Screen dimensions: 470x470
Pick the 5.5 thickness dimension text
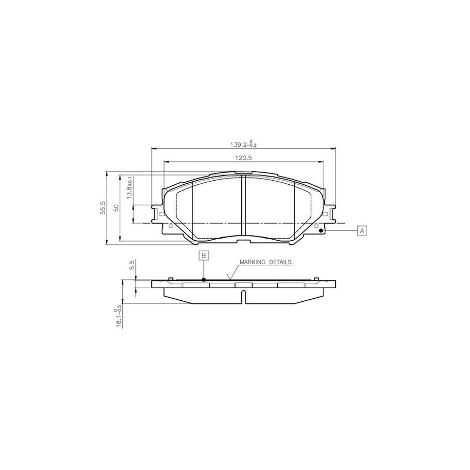point(133,264)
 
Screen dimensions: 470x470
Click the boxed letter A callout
point(362,230)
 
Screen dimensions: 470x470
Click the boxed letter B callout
point(204,255)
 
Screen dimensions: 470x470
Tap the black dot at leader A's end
point(321,230)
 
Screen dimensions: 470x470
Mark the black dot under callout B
point(204,279)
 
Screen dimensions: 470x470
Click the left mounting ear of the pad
point(157,214)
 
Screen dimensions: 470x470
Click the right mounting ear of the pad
point(329,214)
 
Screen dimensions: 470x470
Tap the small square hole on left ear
point(161,214)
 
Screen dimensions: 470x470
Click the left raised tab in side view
point(170,278)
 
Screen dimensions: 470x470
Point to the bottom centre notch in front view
point(243,240)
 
